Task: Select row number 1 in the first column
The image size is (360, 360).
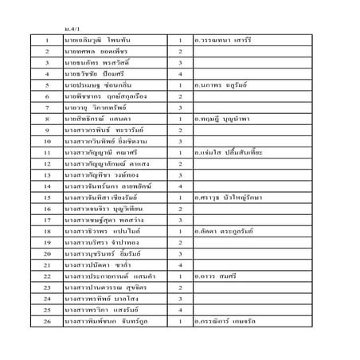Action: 48,38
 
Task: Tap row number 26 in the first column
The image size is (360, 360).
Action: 48,322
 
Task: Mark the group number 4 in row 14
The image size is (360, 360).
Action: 181,186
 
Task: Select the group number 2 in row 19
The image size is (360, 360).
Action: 181,242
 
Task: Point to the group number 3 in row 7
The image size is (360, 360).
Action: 181,106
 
